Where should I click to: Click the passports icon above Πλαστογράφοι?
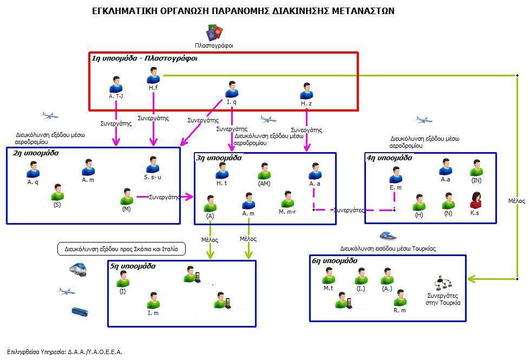(x=214, y=33)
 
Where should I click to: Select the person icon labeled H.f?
(x=153, y=75)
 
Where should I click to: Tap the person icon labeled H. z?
(x=306, y=90)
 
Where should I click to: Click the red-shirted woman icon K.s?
(x=476, y=200)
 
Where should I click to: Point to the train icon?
(x=78, y=270)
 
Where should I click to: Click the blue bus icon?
(x=80, y=311)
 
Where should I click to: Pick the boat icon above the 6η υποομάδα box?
(x=388, y=235)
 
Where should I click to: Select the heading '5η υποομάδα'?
(x=133, y=266)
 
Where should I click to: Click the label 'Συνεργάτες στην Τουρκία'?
(x=443, y=299)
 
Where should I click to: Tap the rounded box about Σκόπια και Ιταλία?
(x=121, y=249)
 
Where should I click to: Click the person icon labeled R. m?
(x=400, y=297)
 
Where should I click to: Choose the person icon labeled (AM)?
(x=264, y=171)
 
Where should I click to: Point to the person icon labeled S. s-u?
(x=153, y=165)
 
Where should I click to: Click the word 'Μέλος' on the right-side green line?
(x=516, y=201)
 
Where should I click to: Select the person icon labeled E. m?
(x=396, y=175)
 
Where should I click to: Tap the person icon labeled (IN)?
(x=476, y=168)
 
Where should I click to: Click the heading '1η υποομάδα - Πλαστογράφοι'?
(x=145, y=58)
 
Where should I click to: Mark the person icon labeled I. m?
(x=153, y=300)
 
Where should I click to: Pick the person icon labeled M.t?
(x=329, y=276)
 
